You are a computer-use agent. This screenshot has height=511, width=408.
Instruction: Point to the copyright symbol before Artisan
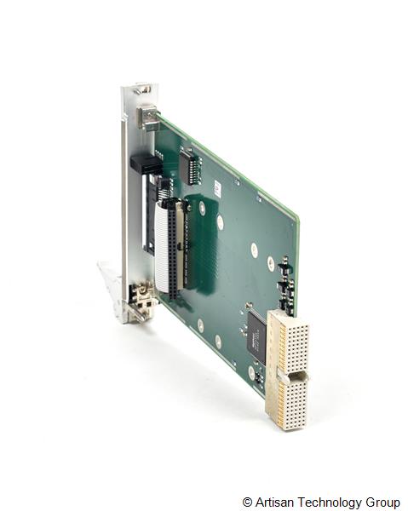pyautogui.click(x=247, y=502)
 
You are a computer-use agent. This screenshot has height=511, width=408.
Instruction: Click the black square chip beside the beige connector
pyautogui.click(x=256, y=334)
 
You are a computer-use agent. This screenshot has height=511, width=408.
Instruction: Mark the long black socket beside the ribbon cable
pyautogui.click(x=173, y=251)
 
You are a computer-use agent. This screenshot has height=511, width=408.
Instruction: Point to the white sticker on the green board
pyautogui.click(x=217, y=187)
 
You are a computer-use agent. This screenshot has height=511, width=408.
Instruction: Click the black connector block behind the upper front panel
pyautogui.click(x=145, y=164)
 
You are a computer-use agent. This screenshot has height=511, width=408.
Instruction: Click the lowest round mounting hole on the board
pyautogui.click(x=252, y=372)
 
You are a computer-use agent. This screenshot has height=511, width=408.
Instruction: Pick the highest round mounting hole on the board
pyautogui.click(x=202, y=207)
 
